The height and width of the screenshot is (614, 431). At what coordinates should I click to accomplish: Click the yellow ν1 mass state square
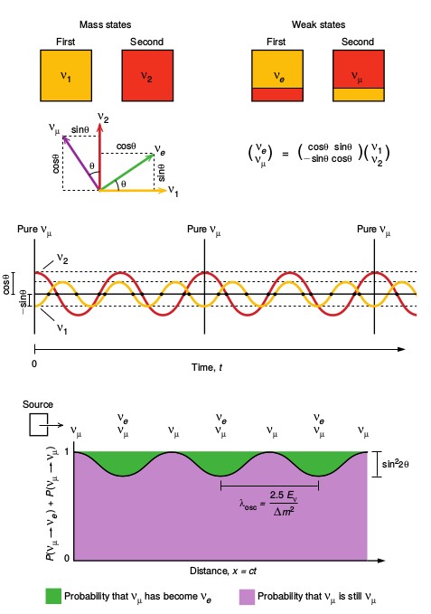[66, 76]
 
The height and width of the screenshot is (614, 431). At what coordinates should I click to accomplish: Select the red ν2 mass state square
[147, 76]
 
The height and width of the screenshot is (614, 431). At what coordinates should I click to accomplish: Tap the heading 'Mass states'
[105, 24]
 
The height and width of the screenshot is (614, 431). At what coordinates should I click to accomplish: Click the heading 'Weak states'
[318, 24]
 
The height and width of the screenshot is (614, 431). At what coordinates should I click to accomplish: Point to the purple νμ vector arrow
[81, 163]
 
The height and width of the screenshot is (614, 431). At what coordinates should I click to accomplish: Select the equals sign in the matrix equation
[286, 154]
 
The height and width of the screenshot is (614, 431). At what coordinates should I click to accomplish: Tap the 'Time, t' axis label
[207, 367]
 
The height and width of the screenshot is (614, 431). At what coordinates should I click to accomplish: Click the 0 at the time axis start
[34, 364]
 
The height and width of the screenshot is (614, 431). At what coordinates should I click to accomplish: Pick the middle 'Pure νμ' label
[204, 230]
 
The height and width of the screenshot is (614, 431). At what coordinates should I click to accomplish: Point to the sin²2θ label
[396, 463]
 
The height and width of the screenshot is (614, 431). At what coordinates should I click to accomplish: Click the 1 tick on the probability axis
[67, 451]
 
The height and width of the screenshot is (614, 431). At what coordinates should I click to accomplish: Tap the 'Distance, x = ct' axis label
[223, 571]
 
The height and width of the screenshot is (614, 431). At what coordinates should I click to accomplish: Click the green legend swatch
[53, 596]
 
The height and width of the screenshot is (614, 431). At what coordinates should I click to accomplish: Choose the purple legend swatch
[247, 596]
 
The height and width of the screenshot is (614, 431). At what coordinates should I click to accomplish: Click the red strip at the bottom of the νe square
[277, 95]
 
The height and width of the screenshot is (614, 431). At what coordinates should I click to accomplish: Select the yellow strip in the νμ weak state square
[359, 95]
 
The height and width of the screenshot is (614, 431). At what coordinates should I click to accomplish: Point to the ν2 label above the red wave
[62, 258]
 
